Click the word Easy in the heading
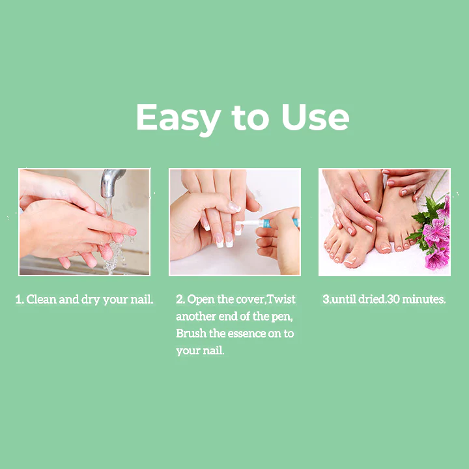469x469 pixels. [178, 118]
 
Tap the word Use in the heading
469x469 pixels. [315, 117]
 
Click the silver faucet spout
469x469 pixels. [111, 182]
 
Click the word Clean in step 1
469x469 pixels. [41, 299]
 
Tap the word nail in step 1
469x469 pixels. [142, 299]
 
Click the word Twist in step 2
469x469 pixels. [281, 299]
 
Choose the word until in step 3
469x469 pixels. [343, 299]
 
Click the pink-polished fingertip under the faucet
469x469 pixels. [132, 233]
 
